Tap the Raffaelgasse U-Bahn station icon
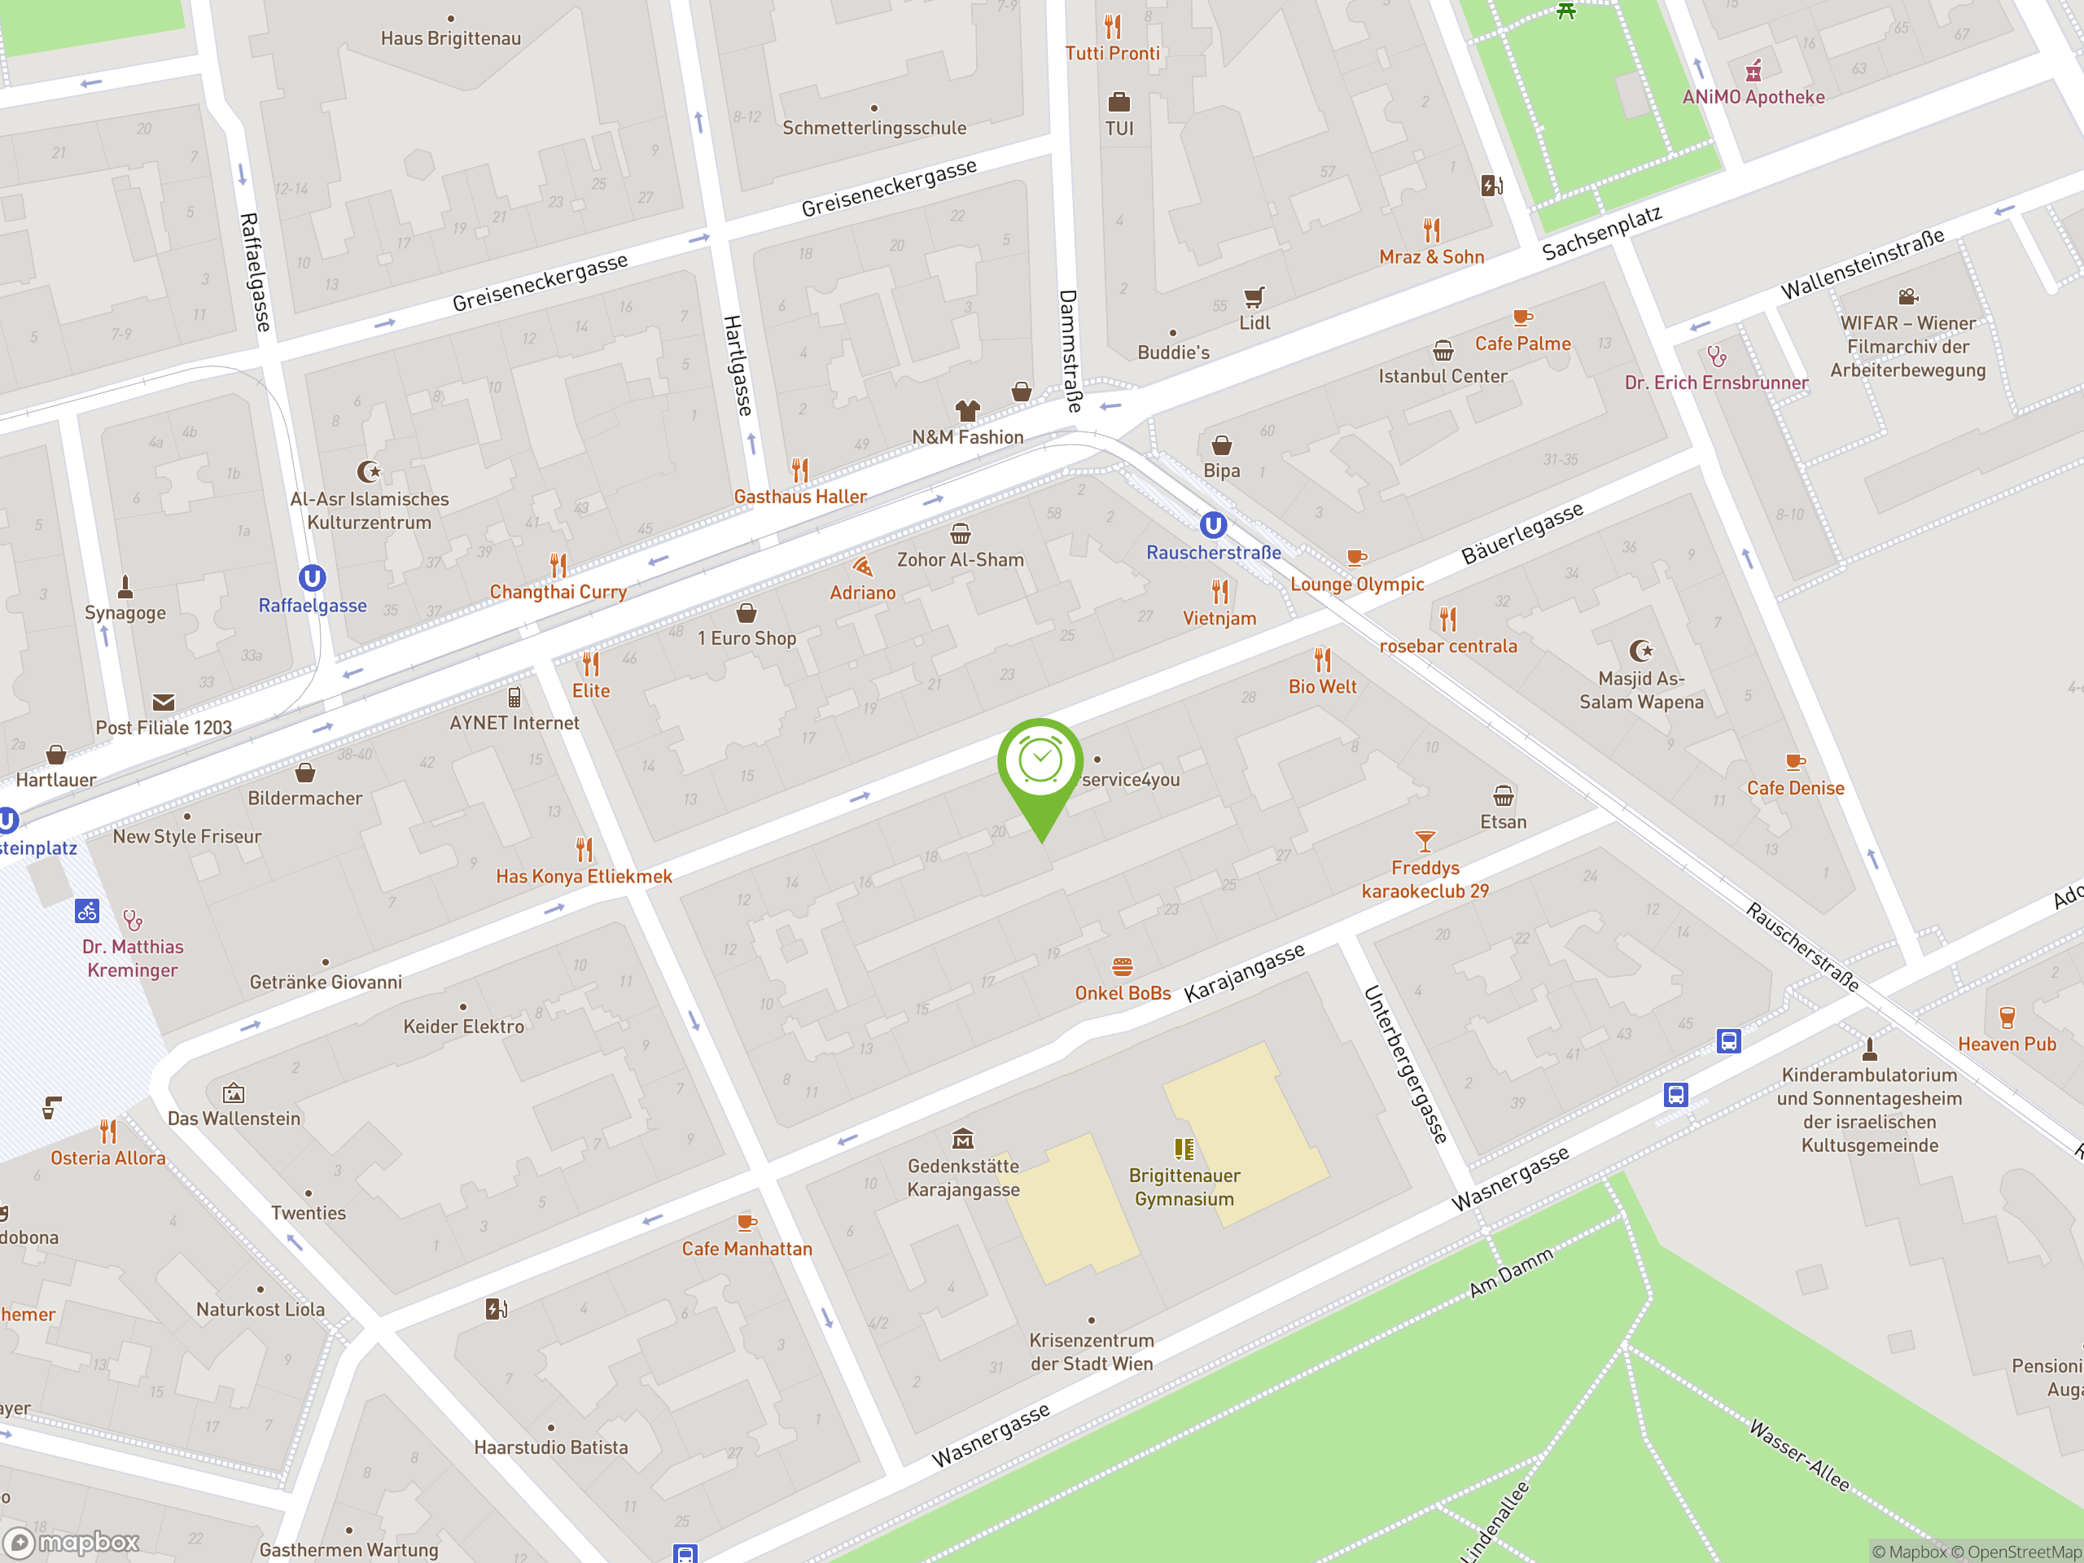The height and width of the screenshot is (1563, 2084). (312, 577)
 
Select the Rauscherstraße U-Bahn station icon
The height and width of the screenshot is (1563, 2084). (1212, 525)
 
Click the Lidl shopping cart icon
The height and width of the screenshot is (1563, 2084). (1253, 298)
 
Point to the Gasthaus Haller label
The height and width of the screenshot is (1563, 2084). (800, 497)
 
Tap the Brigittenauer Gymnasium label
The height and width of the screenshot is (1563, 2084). (1184, 1187)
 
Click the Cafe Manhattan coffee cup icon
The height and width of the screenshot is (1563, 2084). (746, 1222)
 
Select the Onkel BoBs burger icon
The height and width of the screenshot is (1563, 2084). (1121, 966)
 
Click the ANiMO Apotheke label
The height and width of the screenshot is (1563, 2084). (1753, 97)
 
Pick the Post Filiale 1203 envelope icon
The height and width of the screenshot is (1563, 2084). (163, 702)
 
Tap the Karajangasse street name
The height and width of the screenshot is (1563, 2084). (1244, 972)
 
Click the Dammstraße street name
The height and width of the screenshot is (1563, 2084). (1070, 351)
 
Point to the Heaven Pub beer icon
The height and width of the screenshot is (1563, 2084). (2007, 1018)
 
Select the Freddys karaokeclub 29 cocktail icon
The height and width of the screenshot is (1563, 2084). (1425, 840)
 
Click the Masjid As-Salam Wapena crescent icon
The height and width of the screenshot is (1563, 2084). (1640, 650)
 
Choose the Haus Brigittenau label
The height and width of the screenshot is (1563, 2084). (450, 38)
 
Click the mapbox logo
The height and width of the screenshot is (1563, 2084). (72, 1541)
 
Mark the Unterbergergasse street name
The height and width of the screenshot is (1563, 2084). (1405, 1065)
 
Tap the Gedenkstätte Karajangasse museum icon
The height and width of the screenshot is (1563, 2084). (962, 1139)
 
